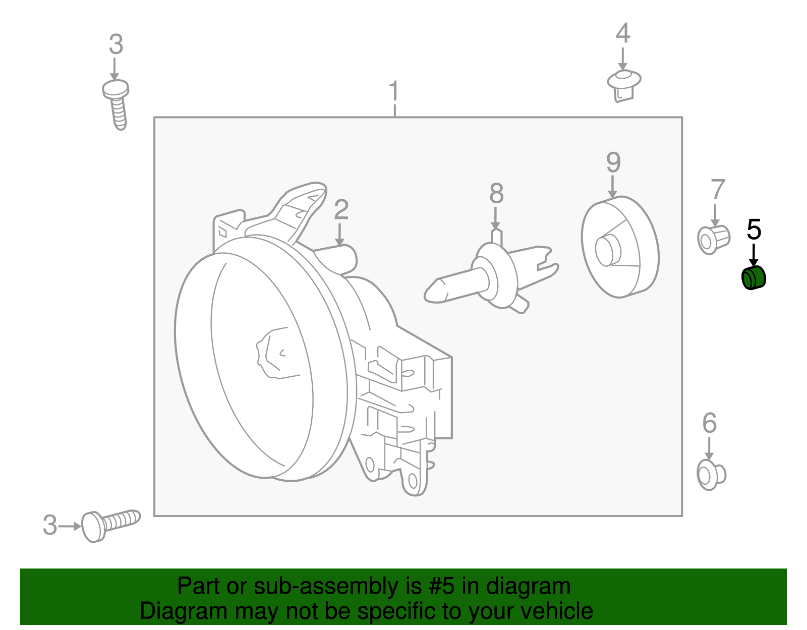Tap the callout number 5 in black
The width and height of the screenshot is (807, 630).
(x=754, y=230)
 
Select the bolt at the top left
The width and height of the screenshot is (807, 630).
(x=117, y=103)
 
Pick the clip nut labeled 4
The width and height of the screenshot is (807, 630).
(x=623, y=85)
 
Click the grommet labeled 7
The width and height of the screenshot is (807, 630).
(x=713, y=239)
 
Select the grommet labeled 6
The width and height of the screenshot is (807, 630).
(x=711, y=474)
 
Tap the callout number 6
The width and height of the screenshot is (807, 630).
(x=709, y=423)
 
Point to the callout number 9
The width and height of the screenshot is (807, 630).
(x=613, y=162)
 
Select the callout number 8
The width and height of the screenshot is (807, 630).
(x=496, y=194)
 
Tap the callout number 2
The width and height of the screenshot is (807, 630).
(x=341, y=210)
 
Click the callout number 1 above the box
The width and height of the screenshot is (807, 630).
(x=394, y=92)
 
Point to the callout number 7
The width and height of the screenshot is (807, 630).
(x=717, y=190)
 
